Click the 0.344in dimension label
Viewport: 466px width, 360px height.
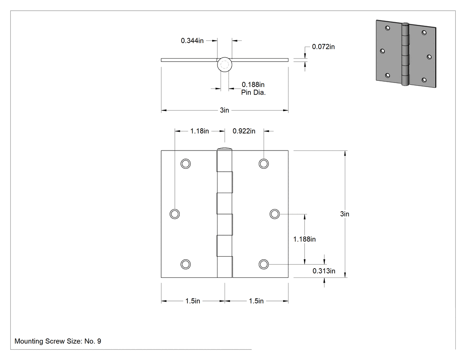pyautogui.click(x=192, y=40)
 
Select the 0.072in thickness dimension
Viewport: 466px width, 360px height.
pyautogui.click(x=323, y=47)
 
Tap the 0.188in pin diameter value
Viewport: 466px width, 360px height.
pyautogui.click(x=253, y=85)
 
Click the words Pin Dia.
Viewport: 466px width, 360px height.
pyautogui.click(x=253, y=92)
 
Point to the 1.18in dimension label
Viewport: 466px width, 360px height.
pyautogui.click(x=199, y=131)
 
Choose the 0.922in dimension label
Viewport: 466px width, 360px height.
pyautogui.click(x=244, y=131)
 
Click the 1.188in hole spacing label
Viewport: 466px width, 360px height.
pyautogui.click(x=304, y=239)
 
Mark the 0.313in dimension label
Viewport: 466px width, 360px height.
pyautogui.click(x=324, y=271)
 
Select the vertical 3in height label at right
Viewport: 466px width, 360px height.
pyautogui.click(x=344, y=214)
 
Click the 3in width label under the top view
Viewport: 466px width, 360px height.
pyautogui.click(x=225, y=110)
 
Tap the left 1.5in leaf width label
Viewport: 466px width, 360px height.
pyautogui.click(x=193, y=301)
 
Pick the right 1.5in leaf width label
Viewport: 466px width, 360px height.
pyautogui.click(x=256, y=301)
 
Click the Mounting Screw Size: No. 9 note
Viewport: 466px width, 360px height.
pyautogui.click(x=58, y=341)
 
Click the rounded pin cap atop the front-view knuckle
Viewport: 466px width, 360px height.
pyautogui.click(x=225, y=149)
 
